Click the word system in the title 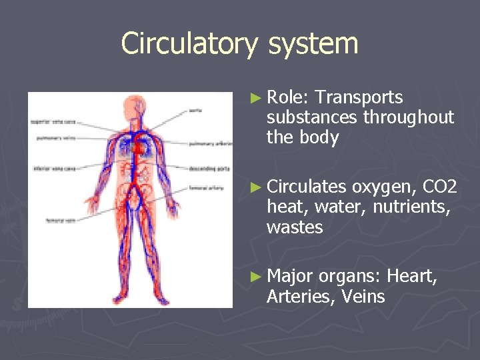click(x=313, y=44)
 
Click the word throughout click(x=408, y=118)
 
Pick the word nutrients click(x=411, y=207)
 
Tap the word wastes click(x=294, y=227)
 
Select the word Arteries click(x=301, y=297)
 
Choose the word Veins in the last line click(x=363, y=297)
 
